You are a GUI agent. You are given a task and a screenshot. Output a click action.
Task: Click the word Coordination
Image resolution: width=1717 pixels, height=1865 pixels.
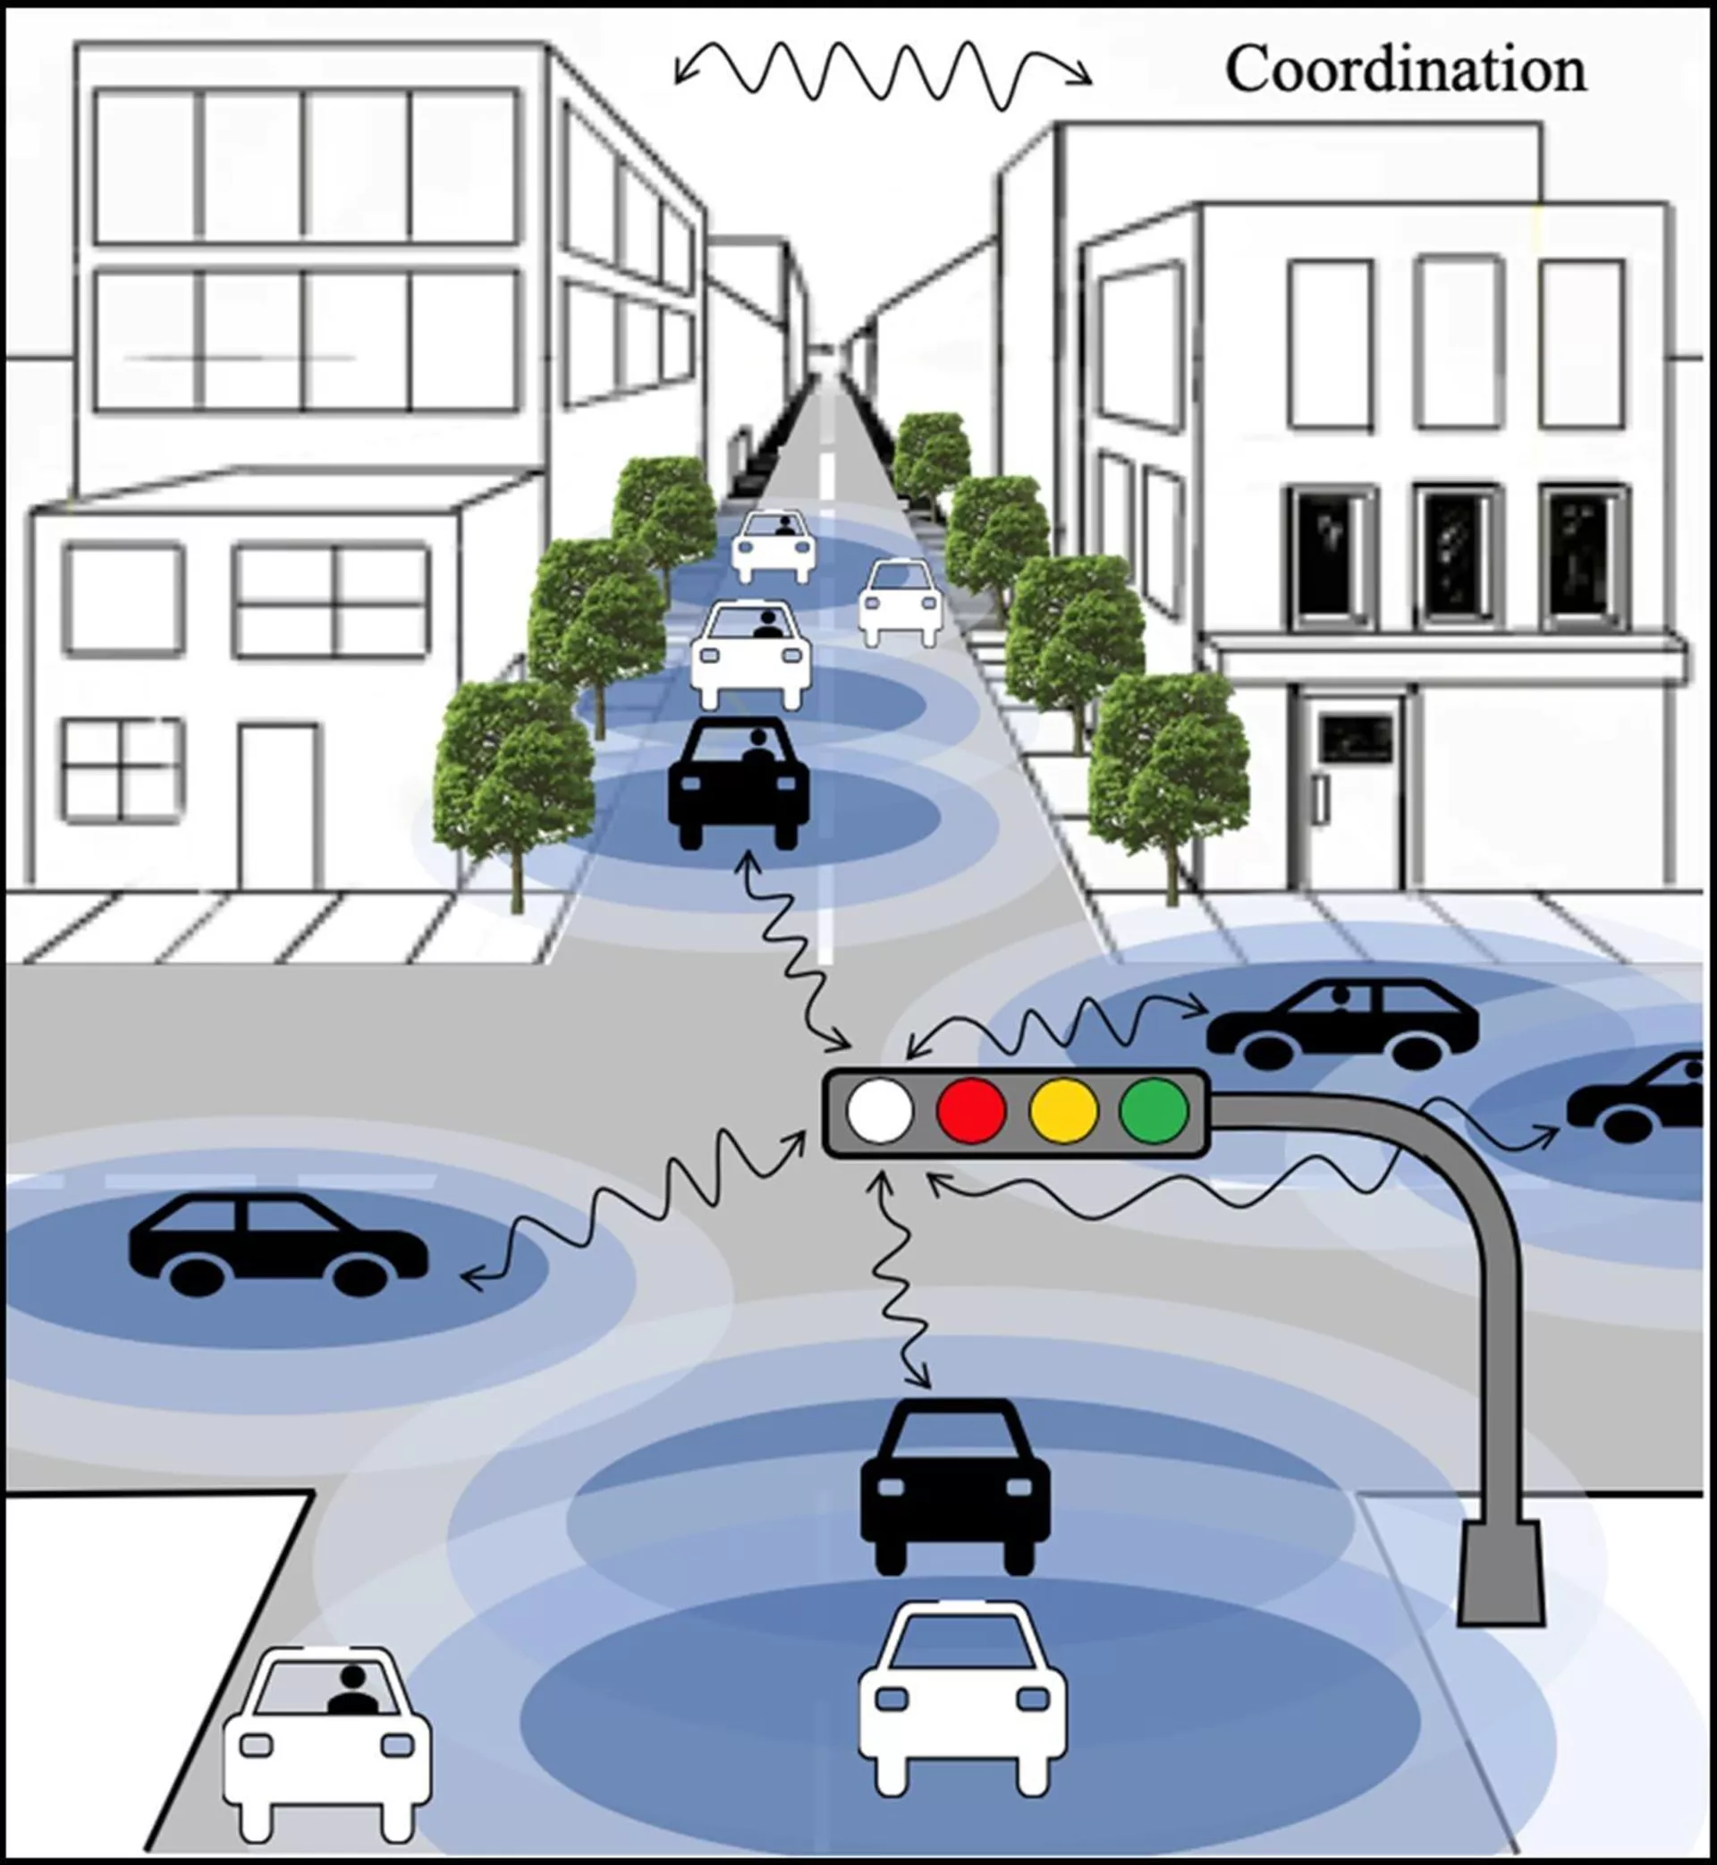point(1405,70)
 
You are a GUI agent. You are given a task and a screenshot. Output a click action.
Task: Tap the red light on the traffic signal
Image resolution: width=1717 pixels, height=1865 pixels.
point(971,1109)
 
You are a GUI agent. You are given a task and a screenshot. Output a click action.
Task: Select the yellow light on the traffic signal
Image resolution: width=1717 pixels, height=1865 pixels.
point(1063,1109)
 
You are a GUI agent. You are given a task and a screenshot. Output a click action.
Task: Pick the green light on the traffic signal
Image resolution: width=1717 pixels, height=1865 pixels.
point(1154,1109)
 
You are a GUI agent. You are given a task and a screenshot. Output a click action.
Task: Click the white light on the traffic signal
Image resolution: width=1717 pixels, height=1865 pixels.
point(879,1109)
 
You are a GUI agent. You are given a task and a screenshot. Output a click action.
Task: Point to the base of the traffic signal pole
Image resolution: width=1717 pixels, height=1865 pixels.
point(1501,1573)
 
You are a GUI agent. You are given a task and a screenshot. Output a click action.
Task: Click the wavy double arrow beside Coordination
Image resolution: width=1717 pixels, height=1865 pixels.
point(883,74)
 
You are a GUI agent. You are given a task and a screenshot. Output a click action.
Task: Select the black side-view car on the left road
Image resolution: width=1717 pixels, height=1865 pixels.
point(278,1245)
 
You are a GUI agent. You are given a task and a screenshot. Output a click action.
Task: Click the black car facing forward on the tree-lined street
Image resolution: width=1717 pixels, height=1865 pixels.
point(739,783)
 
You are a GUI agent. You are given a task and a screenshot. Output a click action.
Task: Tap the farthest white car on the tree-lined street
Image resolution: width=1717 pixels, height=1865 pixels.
point(773,547)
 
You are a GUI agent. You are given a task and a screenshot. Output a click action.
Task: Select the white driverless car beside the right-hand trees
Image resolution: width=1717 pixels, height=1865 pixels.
point(901,602)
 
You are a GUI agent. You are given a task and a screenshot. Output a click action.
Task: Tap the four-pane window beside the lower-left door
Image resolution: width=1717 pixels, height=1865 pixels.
point(123,770)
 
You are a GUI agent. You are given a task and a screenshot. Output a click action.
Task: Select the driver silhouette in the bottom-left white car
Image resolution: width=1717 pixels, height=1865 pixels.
point(353,1691)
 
